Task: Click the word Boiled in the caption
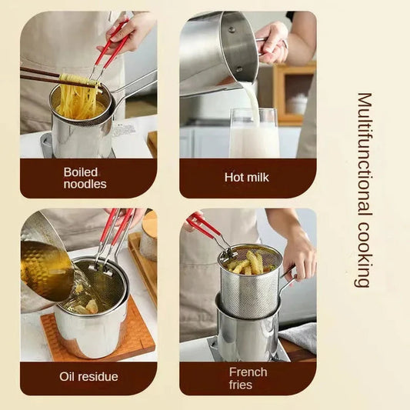80,171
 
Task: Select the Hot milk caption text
246,178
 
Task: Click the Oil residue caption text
88,377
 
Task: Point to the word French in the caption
248,371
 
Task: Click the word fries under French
240,384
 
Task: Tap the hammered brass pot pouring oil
46,265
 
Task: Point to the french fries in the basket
245,263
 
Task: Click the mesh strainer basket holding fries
251,285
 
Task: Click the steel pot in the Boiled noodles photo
80,135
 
